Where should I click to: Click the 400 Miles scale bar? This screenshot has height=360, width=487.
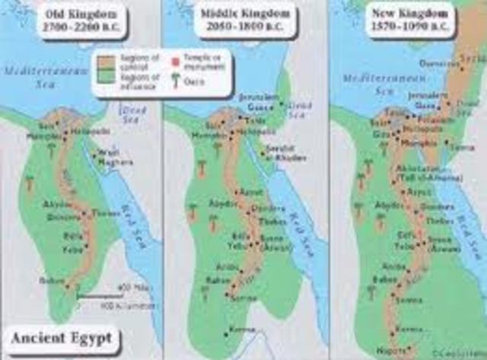[x=107, y=297]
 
